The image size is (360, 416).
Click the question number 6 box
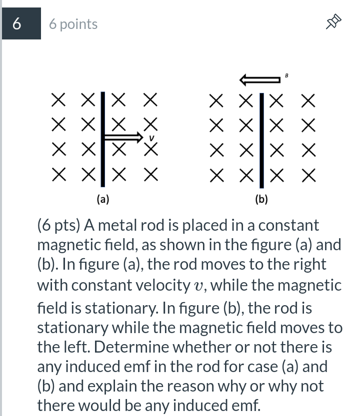coord(20,24)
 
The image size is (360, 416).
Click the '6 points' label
coord(73,24)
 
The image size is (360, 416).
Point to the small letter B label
coord(286,75)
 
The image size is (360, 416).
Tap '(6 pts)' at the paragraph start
coord(59,225)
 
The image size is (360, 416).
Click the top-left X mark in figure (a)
coord(58,100)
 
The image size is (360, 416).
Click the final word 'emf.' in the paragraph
coord(244,406)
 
